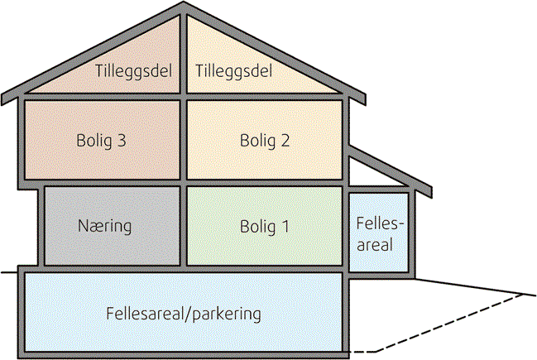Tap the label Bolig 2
click(x=265, y=140)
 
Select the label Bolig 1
click(x=265, y=225)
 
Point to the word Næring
click(x=105, y=225)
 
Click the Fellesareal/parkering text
click(x=184, y=314)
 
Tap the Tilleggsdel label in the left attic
click(x=133, y=71)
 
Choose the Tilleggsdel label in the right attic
click(x=234, y=71)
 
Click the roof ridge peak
click(x=184, y=8)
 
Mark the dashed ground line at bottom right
click(x=447, y=323)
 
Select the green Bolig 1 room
click(x=265, y=248)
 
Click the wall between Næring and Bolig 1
click(x=183, y=225)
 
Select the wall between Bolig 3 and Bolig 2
click(x=183, y=140)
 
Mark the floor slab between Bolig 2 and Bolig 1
click(x=265, y=182)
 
